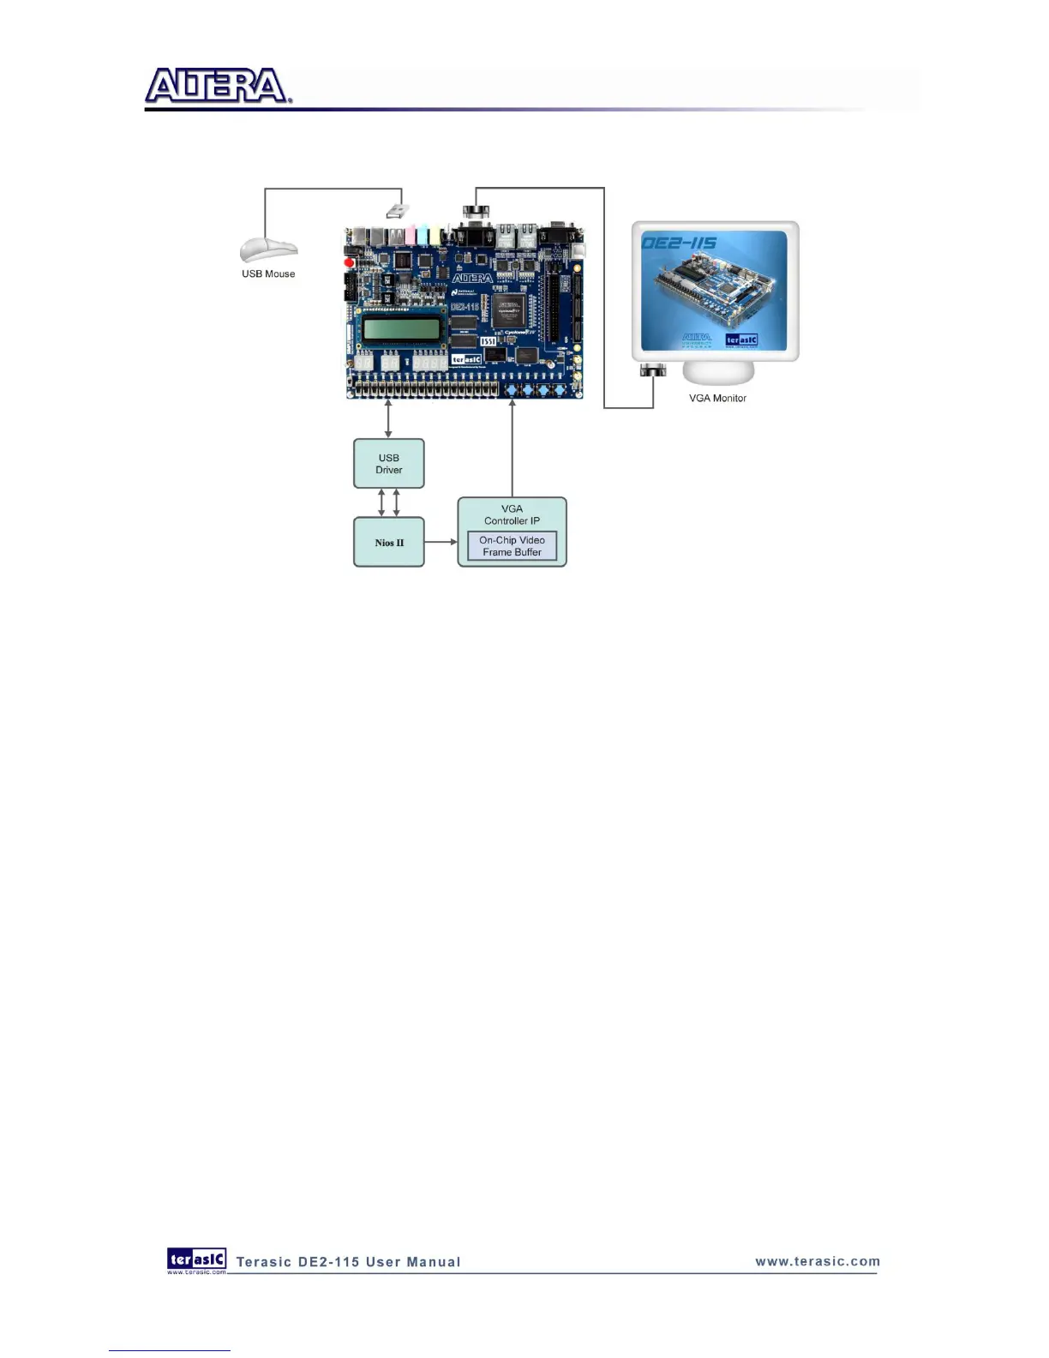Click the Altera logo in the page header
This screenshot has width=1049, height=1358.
[218, 87]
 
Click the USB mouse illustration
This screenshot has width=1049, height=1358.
[268, 249]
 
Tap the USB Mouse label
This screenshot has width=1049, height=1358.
[268, 274]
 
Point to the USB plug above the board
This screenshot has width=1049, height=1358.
[397, 209]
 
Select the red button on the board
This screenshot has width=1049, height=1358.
[350, 262]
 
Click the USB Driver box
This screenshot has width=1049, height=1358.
[389, 464]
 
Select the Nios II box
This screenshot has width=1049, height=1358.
[389, 543]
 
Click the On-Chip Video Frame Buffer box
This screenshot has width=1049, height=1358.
[512, 546]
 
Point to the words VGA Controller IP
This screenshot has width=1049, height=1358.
[512, 514]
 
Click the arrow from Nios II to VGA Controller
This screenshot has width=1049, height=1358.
[441, 542]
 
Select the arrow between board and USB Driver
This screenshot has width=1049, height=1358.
[389, 419]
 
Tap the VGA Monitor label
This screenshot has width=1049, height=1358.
[717, 399]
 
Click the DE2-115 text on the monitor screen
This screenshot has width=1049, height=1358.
[680, 243]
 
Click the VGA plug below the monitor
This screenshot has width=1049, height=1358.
[653, 371]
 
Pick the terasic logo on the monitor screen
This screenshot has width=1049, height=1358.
[741, 340]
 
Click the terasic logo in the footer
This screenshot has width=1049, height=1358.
[197, 1259]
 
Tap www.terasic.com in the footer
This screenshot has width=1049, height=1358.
[818, 1261]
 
